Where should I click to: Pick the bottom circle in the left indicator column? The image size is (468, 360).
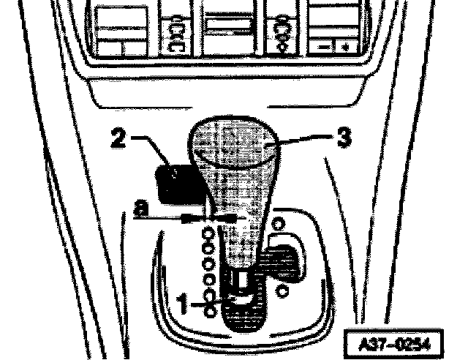pos(210,312)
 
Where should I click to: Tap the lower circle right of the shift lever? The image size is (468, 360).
pos(282,290)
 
